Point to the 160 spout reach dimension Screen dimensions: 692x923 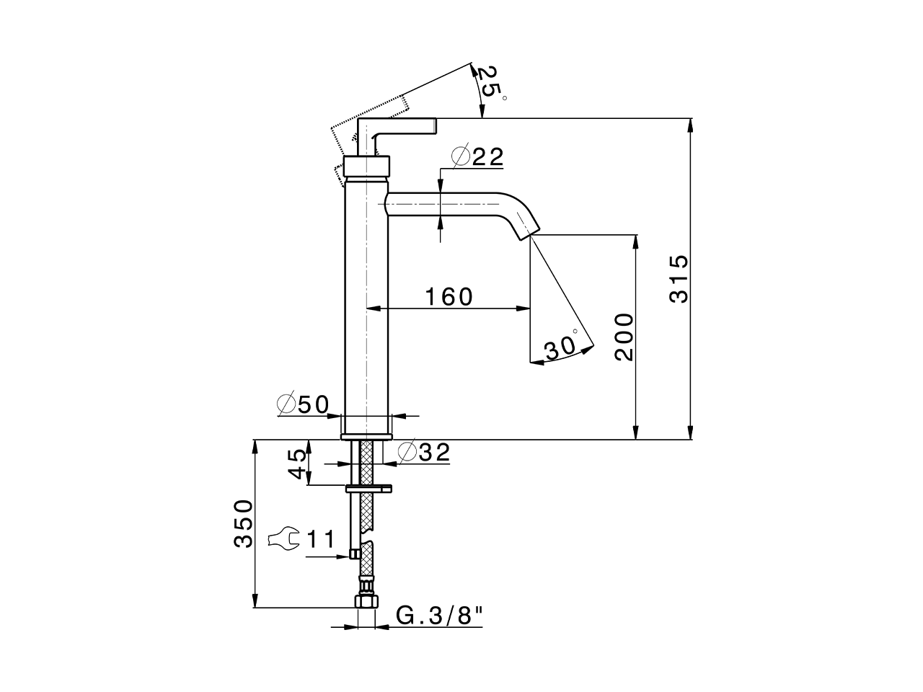pos(449,296)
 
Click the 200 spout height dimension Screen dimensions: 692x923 pos(624,337)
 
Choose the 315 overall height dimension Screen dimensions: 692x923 pos(679,278)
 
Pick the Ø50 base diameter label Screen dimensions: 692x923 pos(303,405)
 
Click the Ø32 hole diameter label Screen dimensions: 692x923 pos(424,452)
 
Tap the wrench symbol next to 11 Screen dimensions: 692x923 pos(283,539)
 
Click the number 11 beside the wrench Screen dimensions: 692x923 pos(321,539)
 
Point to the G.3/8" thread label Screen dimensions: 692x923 pos(439,616)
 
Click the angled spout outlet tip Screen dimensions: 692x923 pos(528,229)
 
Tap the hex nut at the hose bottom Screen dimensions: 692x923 pos(366,602)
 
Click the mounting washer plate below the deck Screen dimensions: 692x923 pos(368,488)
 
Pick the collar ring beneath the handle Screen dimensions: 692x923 pos(367,166)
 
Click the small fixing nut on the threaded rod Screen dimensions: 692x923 pos(354,554)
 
